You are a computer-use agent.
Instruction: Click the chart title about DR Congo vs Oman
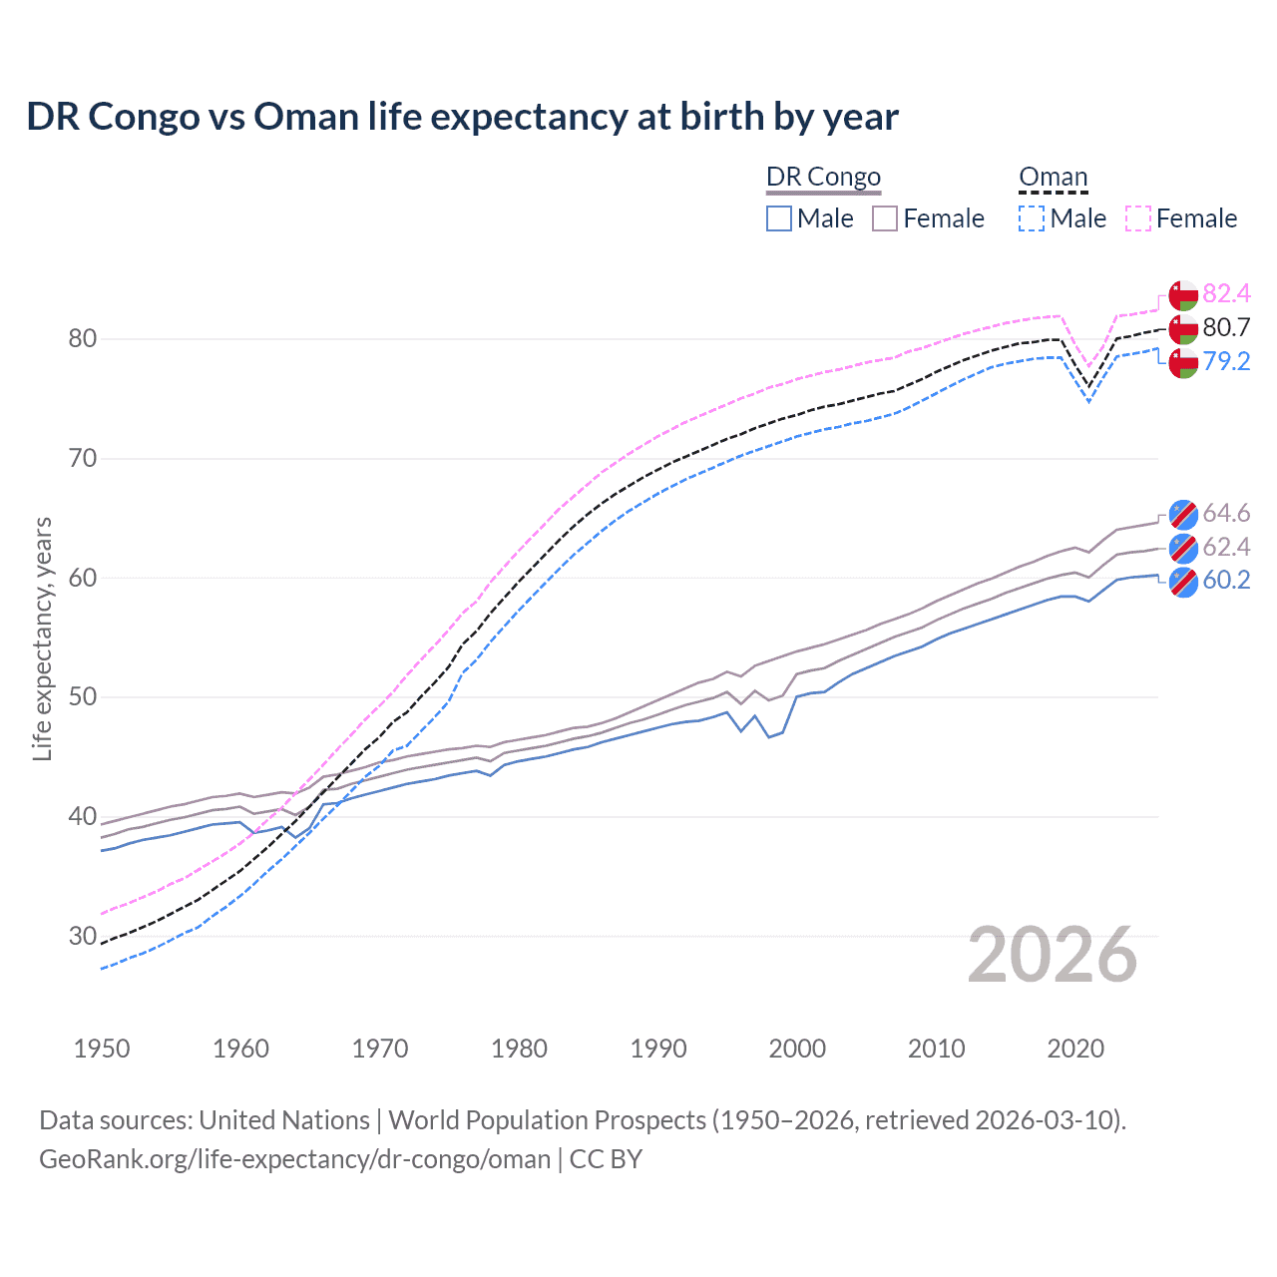point(462,117)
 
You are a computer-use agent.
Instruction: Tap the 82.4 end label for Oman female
point(1226,293)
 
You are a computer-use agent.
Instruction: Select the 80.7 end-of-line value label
point(1226,327)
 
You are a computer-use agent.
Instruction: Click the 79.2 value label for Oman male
point(1226,361)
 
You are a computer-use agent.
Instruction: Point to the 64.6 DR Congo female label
point(1226,513)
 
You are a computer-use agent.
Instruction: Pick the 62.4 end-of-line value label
point(1226,547)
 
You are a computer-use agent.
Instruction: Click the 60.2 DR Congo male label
point(1226,580)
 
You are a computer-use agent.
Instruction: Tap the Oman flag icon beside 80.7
point(1183,328)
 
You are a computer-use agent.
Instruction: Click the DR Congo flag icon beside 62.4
point(1183,548)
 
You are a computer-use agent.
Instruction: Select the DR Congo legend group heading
point(823,177)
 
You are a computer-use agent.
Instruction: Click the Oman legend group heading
point(1053,177)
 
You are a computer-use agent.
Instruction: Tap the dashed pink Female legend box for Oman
point(1138,218)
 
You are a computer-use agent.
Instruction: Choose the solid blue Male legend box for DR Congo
point(779,218)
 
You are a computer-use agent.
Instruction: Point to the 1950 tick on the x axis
point(102,1049)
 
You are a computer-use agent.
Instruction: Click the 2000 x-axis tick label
point(797,1049)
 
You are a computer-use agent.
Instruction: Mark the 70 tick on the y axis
point(83,459)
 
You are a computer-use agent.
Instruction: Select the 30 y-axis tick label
point(83,937)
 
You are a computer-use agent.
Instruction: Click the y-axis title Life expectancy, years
point(42,638)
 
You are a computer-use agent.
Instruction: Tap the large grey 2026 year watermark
point(1052,956)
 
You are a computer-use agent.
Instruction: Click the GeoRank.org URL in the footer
point(294,1159)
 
